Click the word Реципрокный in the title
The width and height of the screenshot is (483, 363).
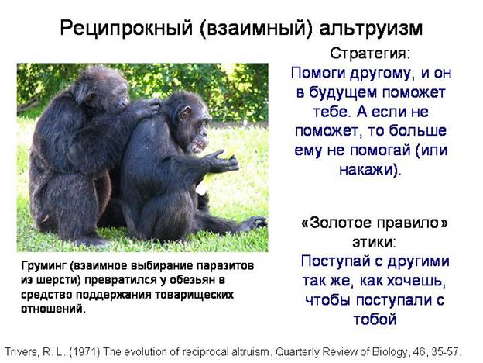126,28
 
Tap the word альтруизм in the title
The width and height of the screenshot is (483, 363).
371,28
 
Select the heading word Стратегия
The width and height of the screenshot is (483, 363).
368,54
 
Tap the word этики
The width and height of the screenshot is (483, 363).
372,242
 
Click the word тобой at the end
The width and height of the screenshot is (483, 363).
375,319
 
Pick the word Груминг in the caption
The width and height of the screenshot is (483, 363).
44,266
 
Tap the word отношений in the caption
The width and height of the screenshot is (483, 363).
53,309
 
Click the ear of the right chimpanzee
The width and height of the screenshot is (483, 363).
184,113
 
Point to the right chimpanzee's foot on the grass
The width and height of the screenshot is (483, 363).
256,223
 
